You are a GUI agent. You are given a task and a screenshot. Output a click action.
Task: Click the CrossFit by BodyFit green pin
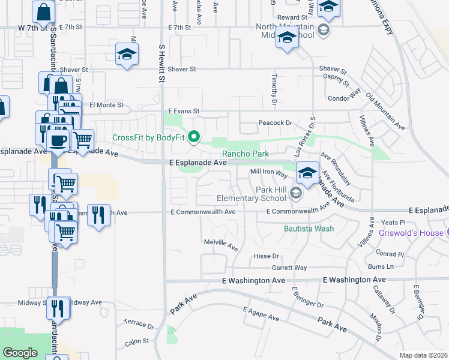(194, 138)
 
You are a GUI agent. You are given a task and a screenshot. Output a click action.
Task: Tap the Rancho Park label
(246, 154)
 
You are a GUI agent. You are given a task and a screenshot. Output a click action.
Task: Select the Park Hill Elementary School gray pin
(295, 193)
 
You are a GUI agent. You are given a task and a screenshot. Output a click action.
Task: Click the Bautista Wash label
(309, 229)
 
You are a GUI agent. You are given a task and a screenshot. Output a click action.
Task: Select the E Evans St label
(183, 111)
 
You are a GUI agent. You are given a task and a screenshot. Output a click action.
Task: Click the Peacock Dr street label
(276, 123)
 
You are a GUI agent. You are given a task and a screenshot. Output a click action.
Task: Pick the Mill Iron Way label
(268, 173)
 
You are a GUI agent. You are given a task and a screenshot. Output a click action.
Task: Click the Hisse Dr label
(267, 256)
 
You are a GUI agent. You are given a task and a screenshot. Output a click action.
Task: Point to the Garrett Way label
(289, 268)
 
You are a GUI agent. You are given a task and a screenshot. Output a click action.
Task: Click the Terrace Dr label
(139, 324)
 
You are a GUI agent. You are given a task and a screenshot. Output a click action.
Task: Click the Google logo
(20, 352)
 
